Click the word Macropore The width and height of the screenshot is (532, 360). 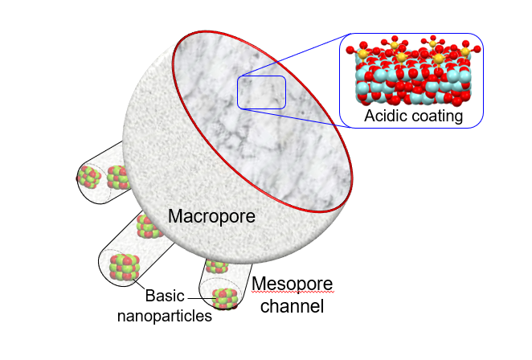tap(211, 216)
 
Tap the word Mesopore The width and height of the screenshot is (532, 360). tap(293, 284)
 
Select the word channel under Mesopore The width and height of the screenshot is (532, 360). tap(293, 305)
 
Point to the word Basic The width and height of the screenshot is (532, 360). tap(165, 296)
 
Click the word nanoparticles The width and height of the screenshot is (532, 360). tap(165, 316)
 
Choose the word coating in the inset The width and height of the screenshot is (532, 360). tap(434, 117)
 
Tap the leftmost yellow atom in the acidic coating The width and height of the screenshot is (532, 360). tap(362, 54)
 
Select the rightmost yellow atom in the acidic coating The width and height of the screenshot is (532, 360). tap(465, 52)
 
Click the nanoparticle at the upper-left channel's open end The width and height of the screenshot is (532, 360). tap(89, 177)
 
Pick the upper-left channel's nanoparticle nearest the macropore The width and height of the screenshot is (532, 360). tap(118, 177)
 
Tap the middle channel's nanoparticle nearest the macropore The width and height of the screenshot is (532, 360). tap(149, 227)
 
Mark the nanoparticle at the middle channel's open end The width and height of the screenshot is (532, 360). tap(125, 267)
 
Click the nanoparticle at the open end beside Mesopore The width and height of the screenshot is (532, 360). tap(224, 299)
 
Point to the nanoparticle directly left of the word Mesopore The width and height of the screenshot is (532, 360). tap(217, 266)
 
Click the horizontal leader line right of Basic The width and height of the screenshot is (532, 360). tap(200, 299)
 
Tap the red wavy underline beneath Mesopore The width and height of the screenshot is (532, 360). tap(293, 292)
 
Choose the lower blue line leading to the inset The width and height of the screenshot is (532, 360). tap(296, 118)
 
